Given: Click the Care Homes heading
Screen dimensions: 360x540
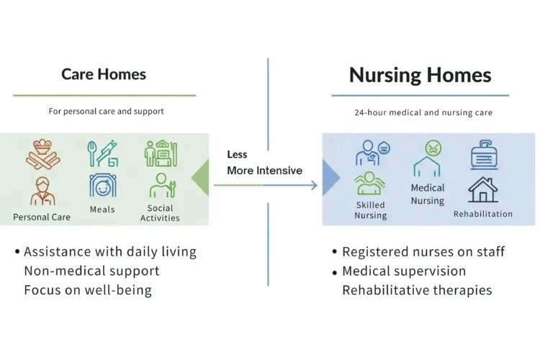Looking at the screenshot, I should click(104, 74).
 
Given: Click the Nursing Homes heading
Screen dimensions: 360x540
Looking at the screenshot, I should click(420, 76).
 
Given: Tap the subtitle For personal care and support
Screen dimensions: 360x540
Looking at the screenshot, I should click(106, 112).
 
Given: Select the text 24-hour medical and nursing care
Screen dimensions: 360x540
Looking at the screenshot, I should click(423, 113).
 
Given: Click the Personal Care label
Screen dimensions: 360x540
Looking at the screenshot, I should click(42, 217).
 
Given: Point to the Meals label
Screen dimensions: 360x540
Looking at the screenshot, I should click(102, 210).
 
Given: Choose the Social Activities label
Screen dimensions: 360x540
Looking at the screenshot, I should click(160, 213).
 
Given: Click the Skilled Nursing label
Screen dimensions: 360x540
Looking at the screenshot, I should click(371, 210).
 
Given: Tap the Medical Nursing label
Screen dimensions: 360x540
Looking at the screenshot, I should click(428, 194).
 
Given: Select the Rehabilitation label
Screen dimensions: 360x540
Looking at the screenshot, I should click(483, 214).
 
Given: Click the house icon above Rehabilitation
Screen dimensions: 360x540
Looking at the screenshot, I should click(483, 189).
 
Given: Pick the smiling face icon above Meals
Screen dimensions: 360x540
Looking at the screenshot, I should click(103, 186).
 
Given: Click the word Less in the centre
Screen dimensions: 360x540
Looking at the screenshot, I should click(237, 155).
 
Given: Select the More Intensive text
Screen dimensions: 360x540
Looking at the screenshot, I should click(264, 171).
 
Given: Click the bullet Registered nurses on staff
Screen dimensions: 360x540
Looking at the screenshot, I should click(423, 252).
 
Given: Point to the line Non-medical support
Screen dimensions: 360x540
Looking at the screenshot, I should click(91, 271).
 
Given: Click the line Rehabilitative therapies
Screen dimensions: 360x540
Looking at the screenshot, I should click(417, 290).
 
